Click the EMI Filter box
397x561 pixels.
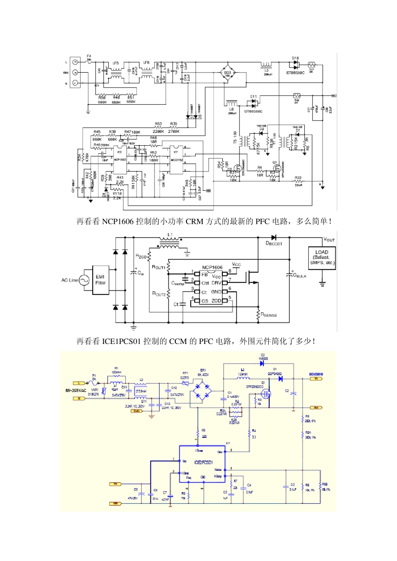coord(100,280)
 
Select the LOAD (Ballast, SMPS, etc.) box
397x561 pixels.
coord(322,258)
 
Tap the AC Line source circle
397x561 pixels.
coord(84,280)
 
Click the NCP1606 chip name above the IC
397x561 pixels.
coord(212,267)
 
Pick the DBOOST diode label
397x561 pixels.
coord(274,243)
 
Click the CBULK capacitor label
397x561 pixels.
coord(300,275)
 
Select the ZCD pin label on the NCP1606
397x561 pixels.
coord(216,301)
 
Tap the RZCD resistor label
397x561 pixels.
coord(141,256)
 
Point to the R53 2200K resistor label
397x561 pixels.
coord(158,127)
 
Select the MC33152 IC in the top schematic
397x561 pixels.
coord(176,160)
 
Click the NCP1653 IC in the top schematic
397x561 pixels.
coord(120,160)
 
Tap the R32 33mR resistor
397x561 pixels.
coord(298,181)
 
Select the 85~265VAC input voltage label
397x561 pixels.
coord(76,391)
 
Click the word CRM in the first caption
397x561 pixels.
coord(194,222)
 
